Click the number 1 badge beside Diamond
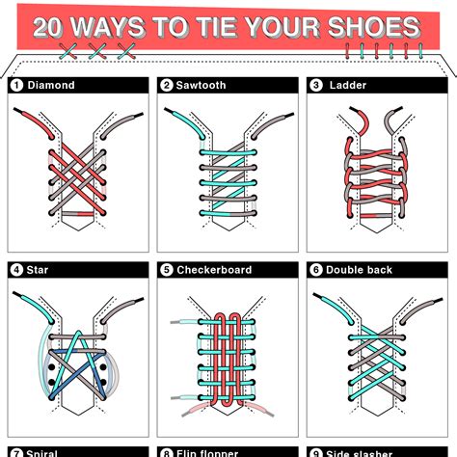pyautogui.click(x=16, y=86)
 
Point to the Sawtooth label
pyautogui.click(x=200, y=86)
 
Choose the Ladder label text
pyautogui.click(x=345, y=86)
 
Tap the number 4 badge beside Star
pyautogui.click(x=16, y=270)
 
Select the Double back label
pyautogui.click(x=359, y=270)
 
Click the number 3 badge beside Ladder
pyautogui.click(x=316, y=86)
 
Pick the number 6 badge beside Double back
pyautogui.click(x=316, y=270)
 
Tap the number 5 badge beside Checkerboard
pyautogui.click(x=166, y=270)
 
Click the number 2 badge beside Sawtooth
pyautogui.click(x=166, y=86)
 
